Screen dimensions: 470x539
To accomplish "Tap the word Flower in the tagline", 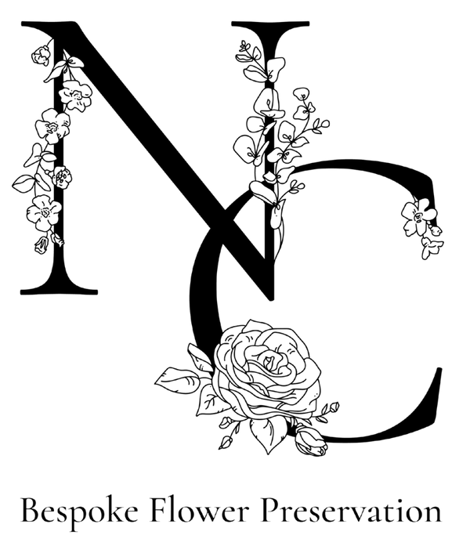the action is tap(200, 510).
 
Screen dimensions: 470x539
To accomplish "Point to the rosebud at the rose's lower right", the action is tap(310, 441).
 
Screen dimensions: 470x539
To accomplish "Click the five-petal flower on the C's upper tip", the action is tap(418, 216).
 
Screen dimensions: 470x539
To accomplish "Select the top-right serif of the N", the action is tap(270, 24).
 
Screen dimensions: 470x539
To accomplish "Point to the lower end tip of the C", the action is tap(439, 371).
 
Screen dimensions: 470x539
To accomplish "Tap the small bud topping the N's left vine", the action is tap(42, 55).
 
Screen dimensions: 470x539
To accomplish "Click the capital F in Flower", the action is tap(161, 510).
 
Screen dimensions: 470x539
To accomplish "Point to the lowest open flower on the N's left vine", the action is tap(44, 212).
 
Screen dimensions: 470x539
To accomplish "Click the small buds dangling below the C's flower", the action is tap(432, 241).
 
